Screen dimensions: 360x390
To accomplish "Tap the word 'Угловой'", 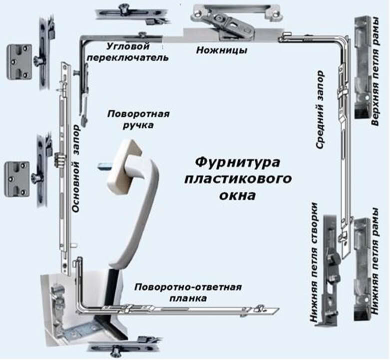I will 128,46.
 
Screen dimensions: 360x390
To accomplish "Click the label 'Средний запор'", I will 321,110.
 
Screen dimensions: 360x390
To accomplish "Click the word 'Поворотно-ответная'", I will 188,287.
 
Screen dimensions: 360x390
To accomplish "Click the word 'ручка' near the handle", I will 139,125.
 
